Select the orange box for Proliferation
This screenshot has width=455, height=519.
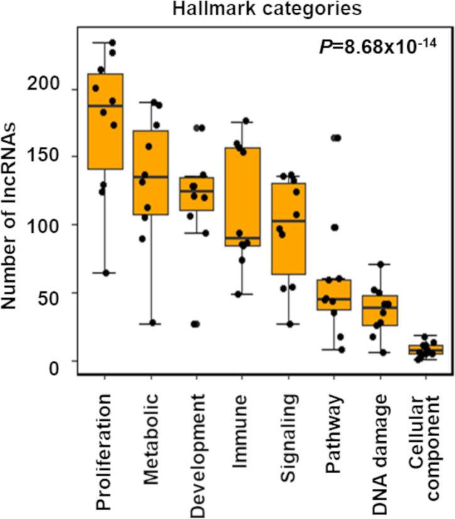point(105,121)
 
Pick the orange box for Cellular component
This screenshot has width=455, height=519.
point(425,350)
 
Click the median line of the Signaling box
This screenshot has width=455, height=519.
point(288,221)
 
